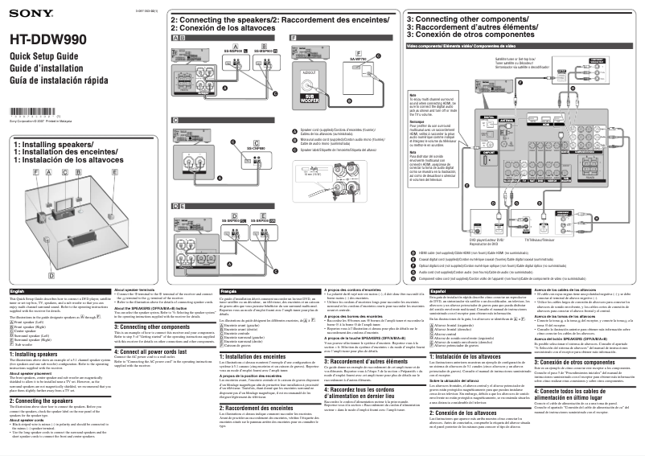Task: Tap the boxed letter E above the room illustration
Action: pyautogui.click(x=115, y=172)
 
